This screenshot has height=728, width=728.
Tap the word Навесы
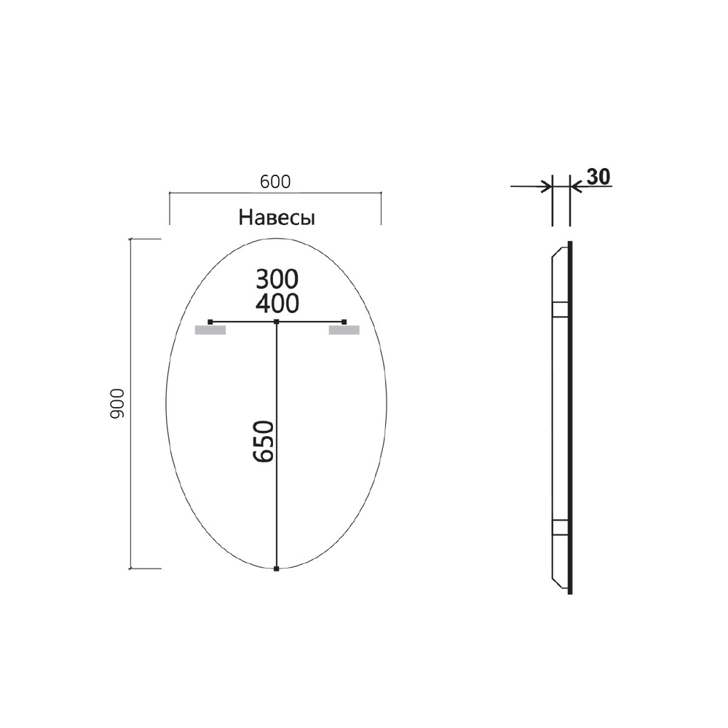(x=277, y=218)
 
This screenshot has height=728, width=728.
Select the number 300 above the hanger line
(x=277, y=279)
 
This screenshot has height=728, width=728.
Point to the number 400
(x=277, y=302)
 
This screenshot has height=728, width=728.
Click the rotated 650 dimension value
(x=264, y=441)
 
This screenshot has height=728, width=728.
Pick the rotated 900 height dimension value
(x=119, y=403)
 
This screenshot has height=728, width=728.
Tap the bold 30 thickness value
(x=597, y=176)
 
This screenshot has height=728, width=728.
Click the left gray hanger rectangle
(x=210, y=331)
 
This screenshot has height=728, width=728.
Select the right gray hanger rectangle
(x=344, y=331)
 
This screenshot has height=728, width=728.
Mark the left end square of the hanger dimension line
(x=210, y=321)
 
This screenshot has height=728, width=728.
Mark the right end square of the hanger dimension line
(x=344, y=321)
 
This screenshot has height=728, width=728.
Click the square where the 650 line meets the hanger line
(x=277, y=321)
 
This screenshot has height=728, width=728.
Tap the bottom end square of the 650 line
(x=277, y=569)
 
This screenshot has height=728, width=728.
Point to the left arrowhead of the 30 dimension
(x=546, y=187)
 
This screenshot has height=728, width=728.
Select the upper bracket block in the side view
(x=560, y=310)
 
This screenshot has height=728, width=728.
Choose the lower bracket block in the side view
(x=560, y=527)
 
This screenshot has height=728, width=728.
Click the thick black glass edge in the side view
(x=570, y=415)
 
